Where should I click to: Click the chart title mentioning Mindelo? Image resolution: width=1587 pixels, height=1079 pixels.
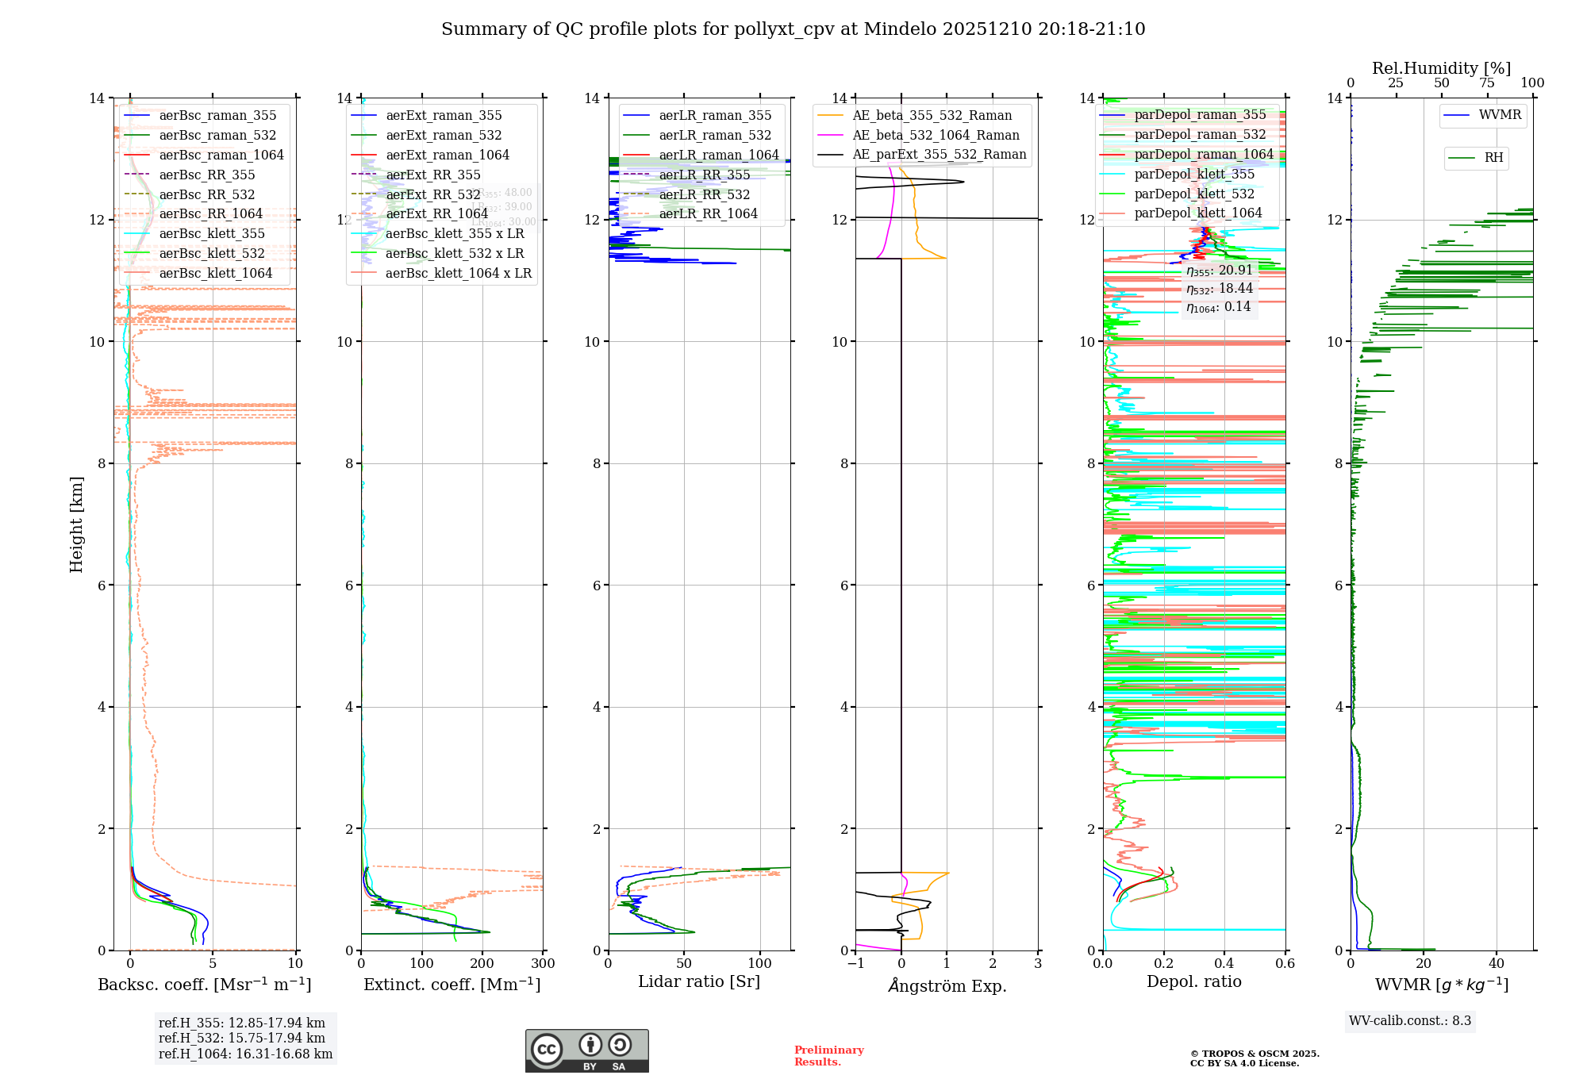tap(793, 29)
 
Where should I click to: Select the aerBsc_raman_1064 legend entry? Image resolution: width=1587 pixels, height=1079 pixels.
tap(221, 155)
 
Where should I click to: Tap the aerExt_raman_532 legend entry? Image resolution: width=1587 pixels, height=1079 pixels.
tap(444, 135)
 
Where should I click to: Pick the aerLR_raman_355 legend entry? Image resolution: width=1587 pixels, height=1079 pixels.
tap(715, 115)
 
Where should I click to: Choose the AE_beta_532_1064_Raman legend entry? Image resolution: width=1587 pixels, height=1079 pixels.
tap(936, 135)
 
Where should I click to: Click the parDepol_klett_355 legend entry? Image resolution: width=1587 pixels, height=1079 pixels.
tap(1194, 174)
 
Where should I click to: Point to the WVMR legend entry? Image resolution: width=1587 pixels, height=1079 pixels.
tap(1500, 115)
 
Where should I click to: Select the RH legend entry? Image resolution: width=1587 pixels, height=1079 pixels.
tap(1493, 158)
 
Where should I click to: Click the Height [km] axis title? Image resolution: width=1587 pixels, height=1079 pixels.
tap(76, 524)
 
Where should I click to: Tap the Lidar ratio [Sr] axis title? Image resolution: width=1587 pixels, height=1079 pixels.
tap(699, 982)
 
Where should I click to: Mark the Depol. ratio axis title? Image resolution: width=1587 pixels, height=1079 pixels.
tap(1193, 982)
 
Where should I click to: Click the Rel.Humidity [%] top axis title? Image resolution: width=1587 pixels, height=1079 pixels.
tap(1441, 68)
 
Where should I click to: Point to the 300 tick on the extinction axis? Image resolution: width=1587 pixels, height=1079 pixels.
tap(544, 964)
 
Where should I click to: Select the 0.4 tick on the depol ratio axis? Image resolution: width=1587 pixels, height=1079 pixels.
tap(1224, 964)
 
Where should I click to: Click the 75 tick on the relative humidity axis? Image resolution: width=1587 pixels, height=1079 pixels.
tap(1487, 83)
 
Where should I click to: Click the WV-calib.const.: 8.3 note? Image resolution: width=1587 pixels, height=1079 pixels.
tap(1410, 1021)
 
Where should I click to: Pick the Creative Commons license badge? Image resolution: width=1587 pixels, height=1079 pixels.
tap(586, 1050)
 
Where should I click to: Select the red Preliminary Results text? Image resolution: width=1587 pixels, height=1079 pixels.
tap(828, 1056)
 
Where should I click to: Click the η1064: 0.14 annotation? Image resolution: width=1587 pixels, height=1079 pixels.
tap(1218, 307)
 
